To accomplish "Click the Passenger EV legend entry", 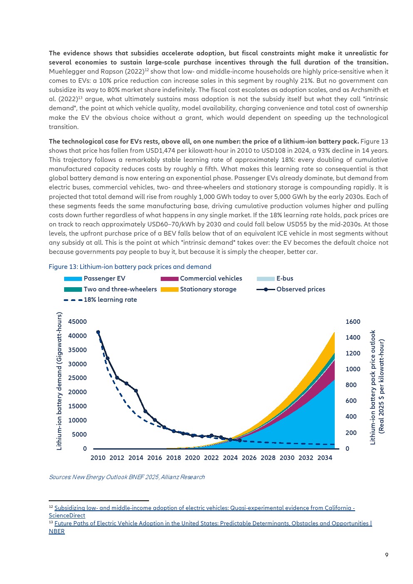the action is [x=95, y=278].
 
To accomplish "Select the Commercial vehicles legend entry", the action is [x=201, y=278].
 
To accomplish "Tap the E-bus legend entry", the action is [x=275, y=278].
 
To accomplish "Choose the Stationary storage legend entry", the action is [x=199, y=289].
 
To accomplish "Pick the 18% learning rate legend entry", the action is [x=100, y=300].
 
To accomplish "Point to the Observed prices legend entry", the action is [x=291, y=289].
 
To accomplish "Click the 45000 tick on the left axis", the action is [x=77, y=322].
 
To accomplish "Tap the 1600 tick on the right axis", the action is [x=353, y=322].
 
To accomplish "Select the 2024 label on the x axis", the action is [x=230, y=458].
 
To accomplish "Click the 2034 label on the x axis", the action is [x=325, y=458].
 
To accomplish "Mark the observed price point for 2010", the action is [x=98, y=332].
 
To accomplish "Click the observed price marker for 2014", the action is [x=136, y=390].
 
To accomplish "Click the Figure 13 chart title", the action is [x=130, y=267].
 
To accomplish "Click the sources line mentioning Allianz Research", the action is [x=127, y=477].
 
